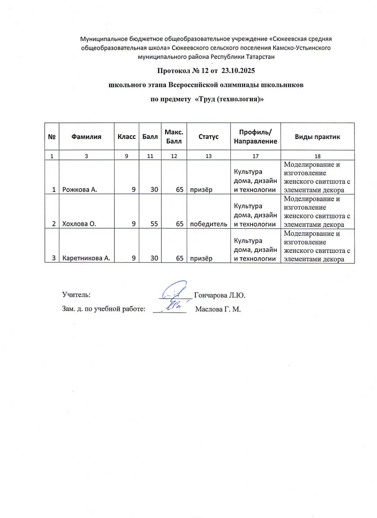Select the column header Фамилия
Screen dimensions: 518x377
[x=86, y=137]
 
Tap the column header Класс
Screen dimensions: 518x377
[x=126, y=137]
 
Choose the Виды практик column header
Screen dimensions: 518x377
[x=317, y=137]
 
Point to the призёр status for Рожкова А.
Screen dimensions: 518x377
[x=199, y=190]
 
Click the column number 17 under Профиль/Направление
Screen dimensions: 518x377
[x=256, y=156]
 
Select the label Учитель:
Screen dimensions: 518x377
[x=76, y=295]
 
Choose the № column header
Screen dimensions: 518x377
[x=52, y=137]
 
